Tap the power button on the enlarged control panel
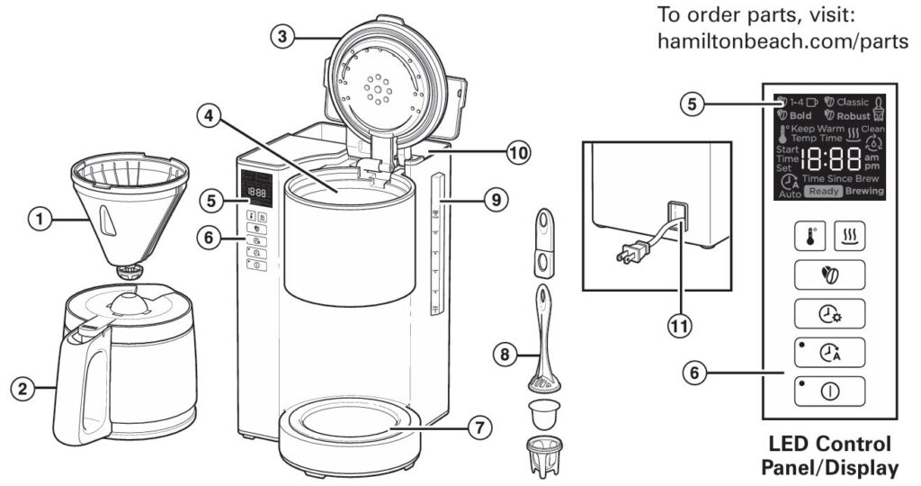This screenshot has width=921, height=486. [x=828, y=391]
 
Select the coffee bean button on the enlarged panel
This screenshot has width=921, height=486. [x=828, y=272]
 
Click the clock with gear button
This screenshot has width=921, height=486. [x=828, y=312]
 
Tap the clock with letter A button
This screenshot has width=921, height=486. [x=828, y=352]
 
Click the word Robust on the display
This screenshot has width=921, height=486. [x=854, y=115]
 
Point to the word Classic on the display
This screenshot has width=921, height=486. [x=853, y=102]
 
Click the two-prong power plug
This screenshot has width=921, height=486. [x=626, y=256]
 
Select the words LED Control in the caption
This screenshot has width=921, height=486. [x=829, y=445]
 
